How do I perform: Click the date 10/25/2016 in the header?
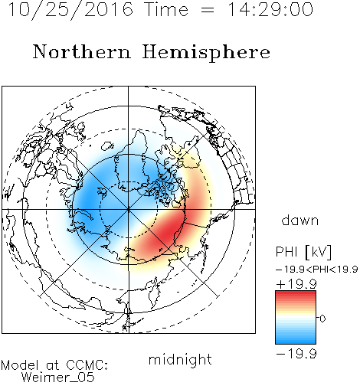pos(70,10)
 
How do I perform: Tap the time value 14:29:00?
pos(270,9)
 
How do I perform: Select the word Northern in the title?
pos(82,52)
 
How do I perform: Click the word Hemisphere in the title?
pos(206,53)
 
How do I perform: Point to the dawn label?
pos(300,221)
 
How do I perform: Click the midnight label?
pos(180,360)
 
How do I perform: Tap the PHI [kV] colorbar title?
pos(303,252)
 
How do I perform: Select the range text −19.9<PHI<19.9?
pos(316,270)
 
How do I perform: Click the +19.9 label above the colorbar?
pos(296,284)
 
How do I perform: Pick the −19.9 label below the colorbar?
pos(296,354)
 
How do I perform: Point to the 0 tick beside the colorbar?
pos(322,319)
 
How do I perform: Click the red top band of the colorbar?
pos(296,294)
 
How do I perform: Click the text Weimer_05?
pos(58,378)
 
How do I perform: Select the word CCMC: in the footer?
pos(87,365)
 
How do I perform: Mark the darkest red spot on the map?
pos(167,234)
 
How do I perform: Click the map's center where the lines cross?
pos(129,209)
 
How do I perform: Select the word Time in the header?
pos(166,10)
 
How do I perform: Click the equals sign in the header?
pos(208,11)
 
